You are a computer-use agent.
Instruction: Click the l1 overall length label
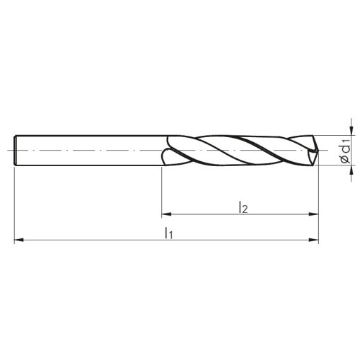(169, 233)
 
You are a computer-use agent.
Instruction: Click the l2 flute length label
(243, 207)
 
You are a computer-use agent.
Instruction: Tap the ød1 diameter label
(346, 151)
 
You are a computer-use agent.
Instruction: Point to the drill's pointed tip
(318, 150)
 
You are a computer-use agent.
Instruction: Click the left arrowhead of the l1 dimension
(19, 240)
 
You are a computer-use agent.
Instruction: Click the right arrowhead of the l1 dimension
(314, 240)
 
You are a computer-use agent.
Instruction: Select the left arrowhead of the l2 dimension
(166, 214)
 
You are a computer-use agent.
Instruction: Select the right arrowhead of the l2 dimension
(314, 214)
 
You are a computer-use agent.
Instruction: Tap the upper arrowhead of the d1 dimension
(351, 131)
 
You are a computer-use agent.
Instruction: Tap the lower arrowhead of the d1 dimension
(351, 170)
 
